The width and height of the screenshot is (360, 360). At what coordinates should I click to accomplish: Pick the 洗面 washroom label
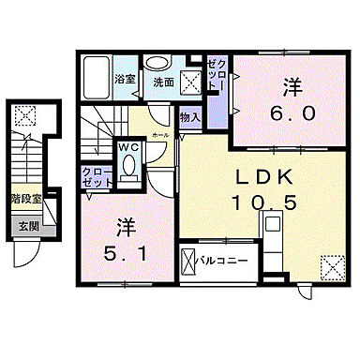click(x=163, y=81)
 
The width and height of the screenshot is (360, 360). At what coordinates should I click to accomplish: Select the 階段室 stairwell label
click(x=26, y=199)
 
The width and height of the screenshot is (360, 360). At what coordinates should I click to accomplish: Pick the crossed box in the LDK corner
click(x=331, y=266)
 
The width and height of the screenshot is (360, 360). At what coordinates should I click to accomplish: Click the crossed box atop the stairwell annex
click(x=25, y=118)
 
